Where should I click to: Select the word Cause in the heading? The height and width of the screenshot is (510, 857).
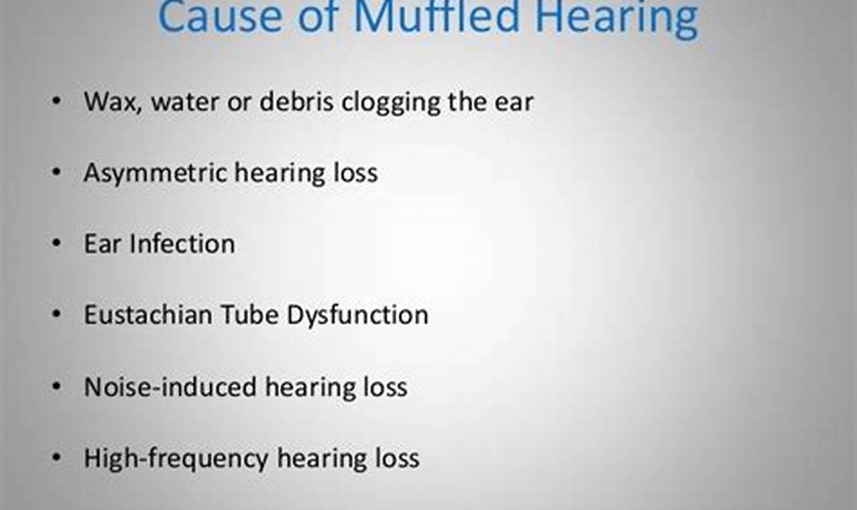coord(221,17)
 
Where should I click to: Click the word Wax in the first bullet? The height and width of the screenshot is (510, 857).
coord(113,102)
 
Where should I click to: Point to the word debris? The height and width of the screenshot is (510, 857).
coord(296,101)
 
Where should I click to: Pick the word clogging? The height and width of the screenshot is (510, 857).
coord(391,103)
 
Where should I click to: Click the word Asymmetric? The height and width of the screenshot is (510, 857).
coord(156,173)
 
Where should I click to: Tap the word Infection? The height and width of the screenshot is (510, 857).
coord(182,244)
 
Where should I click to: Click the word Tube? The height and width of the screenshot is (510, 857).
coord(250,315)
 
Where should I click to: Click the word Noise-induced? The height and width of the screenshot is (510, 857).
coord(170,387)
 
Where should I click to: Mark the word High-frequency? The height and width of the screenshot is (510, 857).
coord(176,458)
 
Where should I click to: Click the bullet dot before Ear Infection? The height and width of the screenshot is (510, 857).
coord(56,243)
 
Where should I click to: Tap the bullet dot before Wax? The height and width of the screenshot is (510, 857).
coord(56,101)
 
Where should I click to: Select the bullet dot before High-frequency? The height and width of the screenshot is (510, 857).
coord(56,457)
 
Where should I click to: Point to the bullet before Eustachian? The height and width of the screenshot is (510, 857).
coord(56,314)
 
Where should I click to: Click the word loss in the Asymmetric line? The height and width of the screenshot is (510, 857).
coord(355,172)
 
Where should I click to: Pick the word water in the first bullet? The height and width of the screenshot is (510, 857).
coord(185,103)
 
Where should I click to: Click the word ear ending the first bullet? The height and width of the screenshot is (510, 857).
coord(514,103)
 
